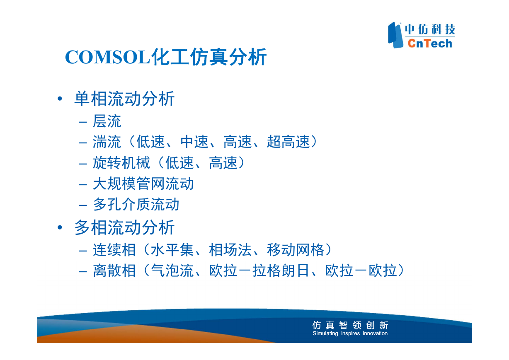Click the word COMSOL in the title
pos(107,57)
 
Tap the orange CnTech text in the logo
pos(430,43)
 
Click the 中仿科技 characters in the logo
pos(430,29)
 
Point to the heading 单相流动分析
pos(124,99)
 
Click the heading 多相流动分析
pos(124,227)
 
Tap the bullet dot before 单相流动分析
pos(60,99)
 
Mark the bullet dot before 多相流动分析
pos(60,227)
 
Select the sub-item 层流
pos(107,121)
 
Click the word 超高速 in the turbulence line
pos(288,142)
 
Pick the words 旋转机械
pos(121,163)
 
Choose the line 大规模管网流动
pos(143,184)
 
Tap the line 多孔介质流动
pos(136,204)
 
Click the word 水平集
pos(172,250)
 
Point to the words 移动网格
pos(296,250)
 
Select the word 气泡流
pos(172,271)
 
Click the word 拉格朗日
pos(281,271)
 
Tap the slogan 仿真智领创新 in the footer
pos(350,325)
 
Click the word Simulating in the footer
pos(325,333)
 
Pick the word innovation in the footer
pos(375,333)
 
